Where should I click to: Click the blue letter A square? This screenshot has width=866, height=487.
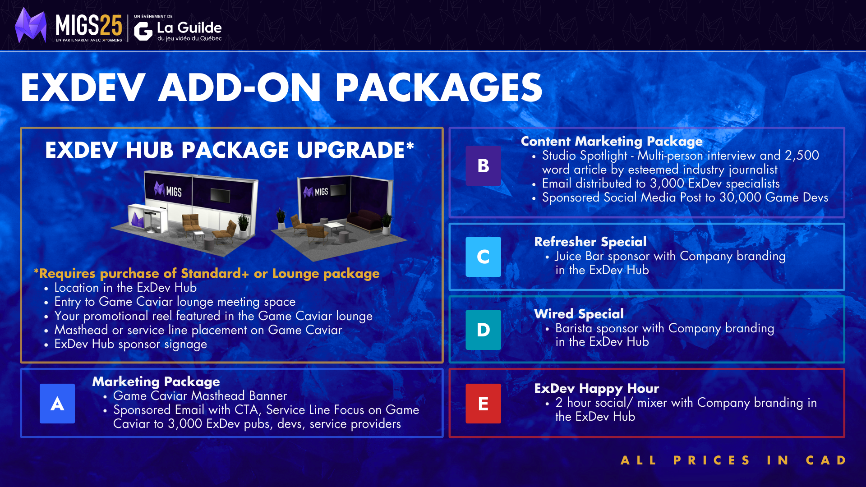57,404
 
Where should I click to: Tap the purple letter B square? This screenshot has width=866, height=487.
483,166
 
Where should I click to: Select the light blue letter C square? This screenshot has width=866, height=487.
483,257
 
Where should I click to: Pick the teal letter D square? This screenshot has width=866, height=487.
483,330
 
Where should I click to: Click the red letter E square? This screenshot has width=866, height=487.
483,404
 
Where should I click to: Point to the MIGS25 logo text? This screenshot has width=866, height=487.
89,25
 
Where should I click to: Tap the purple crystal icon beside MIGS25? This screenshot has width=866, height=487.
31,25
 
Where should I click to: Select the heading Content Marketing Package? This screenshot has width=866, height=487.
612,142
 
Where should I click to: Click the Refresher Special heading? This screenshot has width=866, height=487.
590,242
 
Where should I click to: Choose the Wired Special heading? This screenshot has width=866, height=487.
579,314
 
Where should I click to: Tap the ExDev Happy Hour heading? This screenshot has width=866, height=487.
596,388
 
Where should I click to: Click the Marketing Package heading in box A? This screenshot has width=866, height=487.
156,382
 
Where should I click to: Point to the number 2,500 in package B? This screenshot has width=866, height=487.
802,156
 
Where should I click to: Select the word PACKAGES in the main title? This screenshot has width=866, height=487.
438,87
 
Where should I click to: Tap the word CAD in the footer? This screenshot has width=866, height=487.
826,460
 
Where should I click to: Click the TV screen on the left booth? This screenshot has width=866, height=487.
220,196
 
